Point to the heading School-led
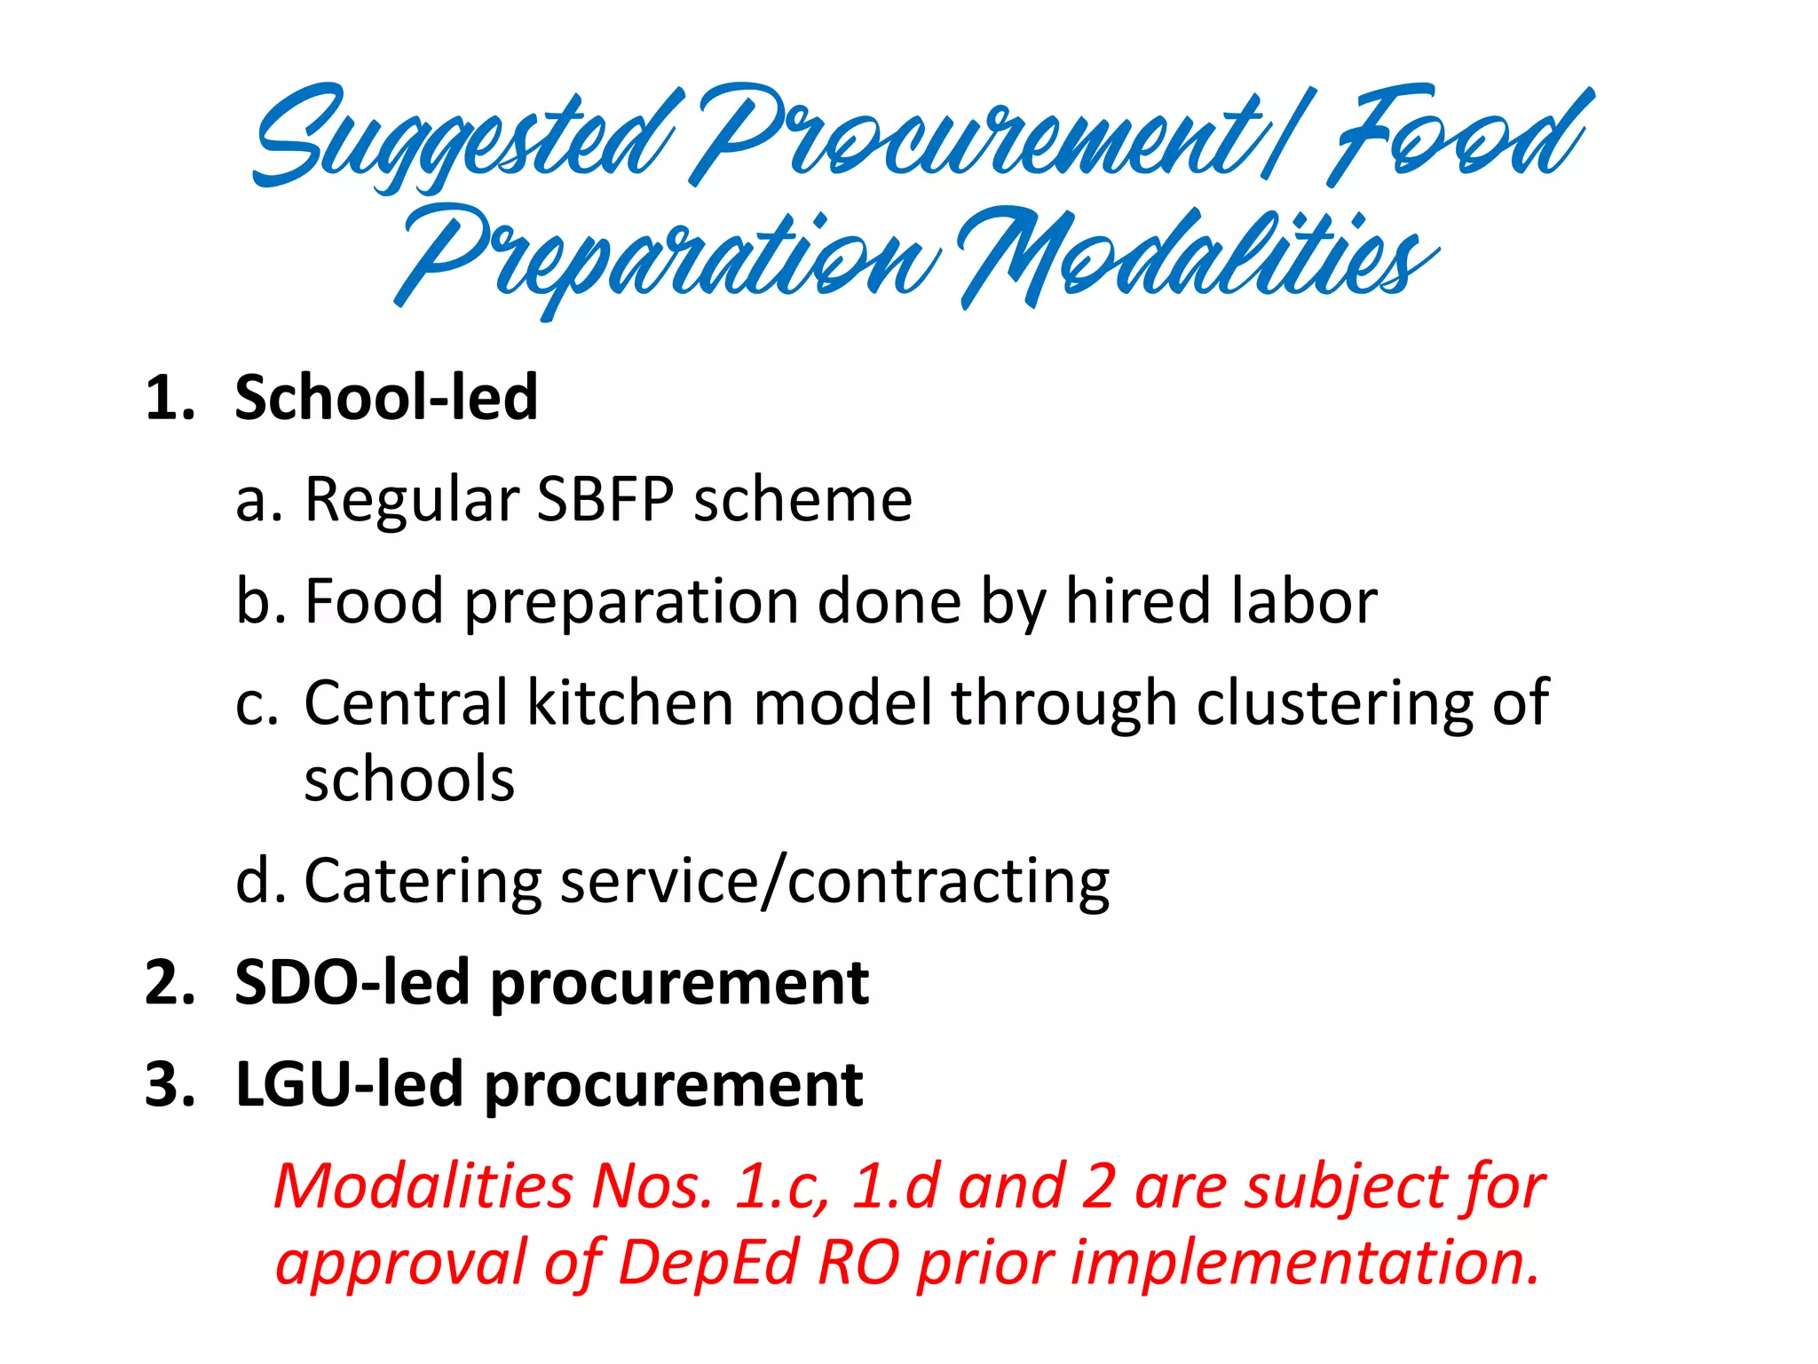[x=386, y=397]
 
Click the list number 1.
[x=169, y=397]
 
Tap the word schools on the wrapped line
[x=409, y=780]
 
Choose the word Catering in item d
[x=423, y=882]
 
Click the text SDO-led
[x=352, y=983]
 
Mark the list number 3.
[x=169, y=1084]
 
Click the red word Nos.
[x=652, y=1186]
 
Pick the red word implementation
[x=1305, y=1262]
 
